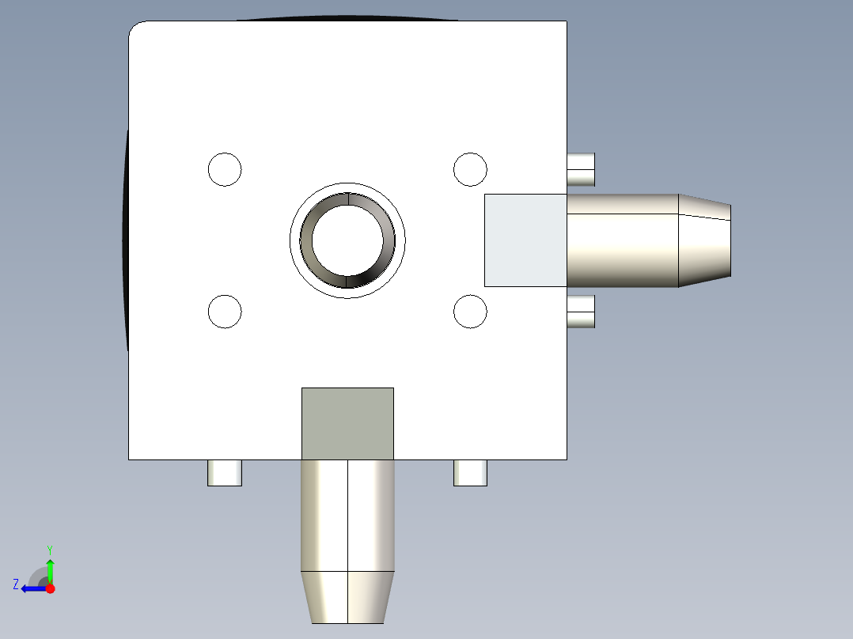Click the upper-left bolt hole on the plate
tap(225, 169)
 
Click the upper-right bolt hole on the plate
tap(470, 169)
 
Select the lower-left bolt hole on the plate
tap(225, 312)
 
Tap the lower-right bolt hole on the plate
tap(470, 312)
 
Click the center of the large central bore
tap(347, 240)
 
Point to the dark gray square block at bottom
tap(347, 424)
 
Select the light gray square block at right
tap(525, 240)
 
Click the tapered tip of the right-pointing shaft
tap(704, 240)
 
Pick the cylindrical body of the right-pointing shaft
tap(623, 240)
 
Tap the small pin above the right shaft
tap(582, 169)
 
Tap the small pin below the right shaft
tap(582, 312)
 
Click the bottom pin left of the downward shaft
tap(225, 473)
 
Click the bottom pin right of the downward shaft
tap(470, 473)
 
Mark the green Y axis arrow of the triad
tap(50, 568)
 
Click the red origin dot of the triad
tap(50, 588)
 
